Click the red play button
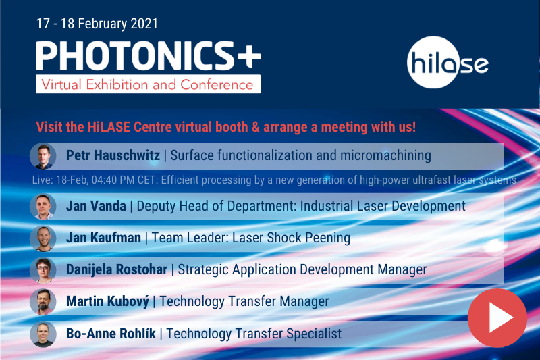click(x=497, y=317)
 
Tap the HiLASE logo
click(x=448, y=62)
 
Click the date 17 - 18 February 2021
click(x=97, y=24)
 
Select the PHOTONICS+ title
click(x=148, y=55)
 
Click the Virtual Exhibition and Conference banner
click(x=148, y=84)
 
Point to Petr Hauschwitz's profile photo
click(x=43, y=156)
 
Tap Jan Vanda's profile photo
click(x=43, y=207)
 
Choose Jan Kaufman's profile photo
click(x=43, y=238)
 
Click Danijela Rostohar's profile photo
click(x=43, y=270)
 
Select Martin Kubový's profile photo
click(x=43, y=302)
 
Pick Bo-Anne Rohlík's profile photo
click(x=43, y=334)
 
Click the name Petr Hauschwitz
click(x=113, y=155)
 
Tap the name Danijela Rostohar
click(x=117, y=269)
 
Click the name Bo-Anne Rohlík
click(x=111, y=334)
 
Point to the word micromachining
click(x=385, y=156)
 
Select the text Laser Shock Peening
click(x=291, y=238)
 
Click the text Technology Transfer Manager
click(x=244, y=301)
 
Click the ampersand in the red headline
click(x=256, y=127)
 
